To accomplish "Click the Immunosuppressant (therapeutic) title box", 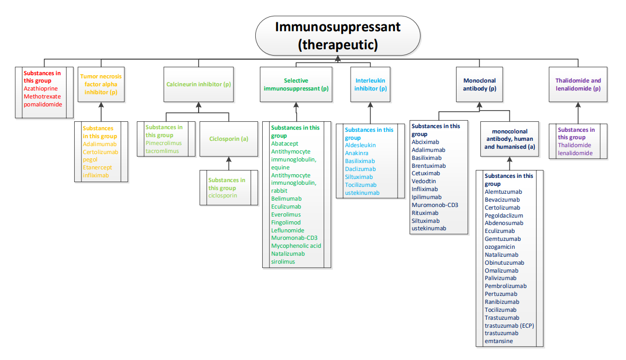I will point(337,35).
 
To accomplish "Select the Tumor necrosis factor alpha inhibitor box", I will point(101,84).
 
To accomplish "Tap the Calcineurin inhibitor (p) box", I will point(199,84).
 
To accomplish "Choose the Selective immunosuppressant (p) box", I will point(296,84).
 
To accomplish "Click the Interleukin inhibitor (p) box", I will point(370,84).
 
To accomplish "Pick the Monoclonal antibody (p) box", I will point(479,84).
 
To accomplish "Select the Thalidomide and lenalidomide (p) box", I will point(578,84).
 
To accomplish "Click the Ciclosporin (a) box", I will point(229,139).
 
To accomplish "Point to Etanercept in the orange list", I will point(97,167).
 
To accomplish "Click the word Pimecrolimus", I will point(164,143).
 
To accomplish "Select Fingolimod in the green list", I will point(285,222).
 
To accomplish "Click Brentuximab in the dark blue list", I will point(428,165).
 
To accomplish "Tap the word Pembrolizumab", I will point(505,286).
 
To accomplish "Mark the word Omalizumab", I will point(501,271).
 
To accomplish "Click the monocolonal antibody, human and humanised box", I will point(509,139).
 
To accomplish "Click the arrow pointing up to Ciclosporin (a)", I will point(229,161).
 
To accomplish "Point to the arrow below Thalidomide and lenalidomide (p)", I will point(578,112).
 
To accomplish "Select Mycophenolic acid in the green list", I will point(296,246).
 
